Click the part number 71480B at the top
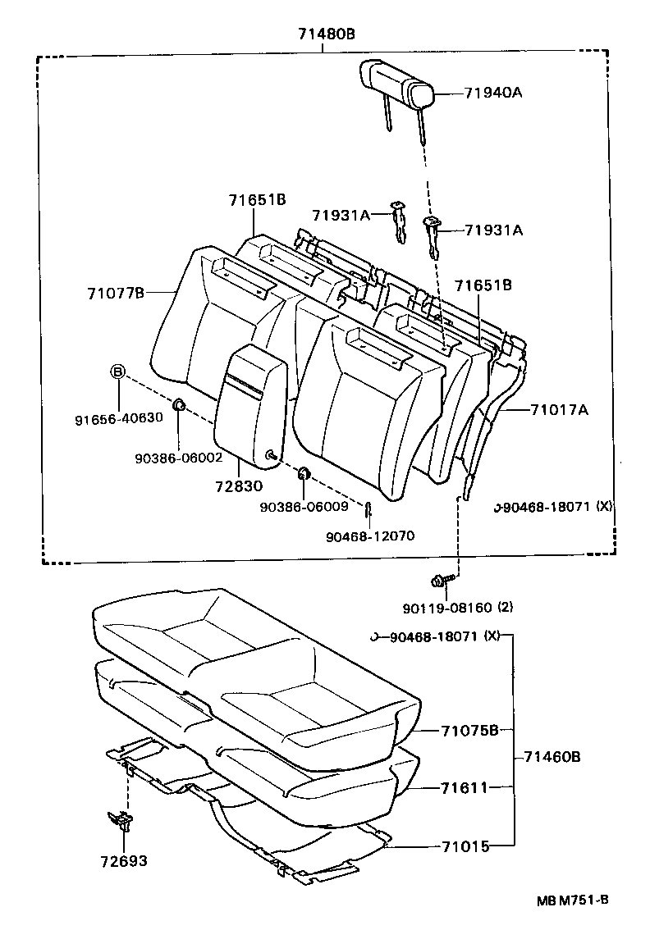(x=326, y=34)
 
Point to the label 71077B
(x=116, y=293)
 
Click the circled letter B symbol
(x=117, y=372)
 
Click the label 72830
(x=239, y=486)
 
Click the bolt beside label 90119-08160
(x=438, y=581)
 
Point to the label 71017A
(x=559, y=409)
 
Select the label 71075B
(x=469, y=731)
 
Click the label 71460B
(x=551, y=757)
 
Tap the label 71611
(x=464, y=787)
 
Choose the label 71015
(x=465, y=846)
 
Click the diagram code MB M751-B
(x=572, y=900)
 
